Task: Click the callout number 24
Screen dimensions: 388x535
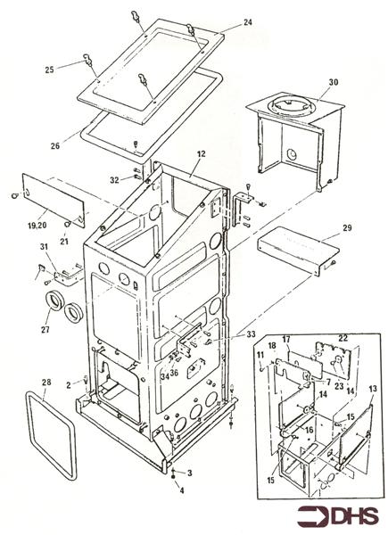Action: coord(248,22)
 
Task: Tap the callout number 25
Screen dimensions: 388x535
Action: coord(49,70)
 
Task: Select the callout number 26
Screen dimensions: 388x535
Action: coord(55,146)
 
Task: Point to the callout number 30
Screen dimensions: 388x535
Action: coord(334,82)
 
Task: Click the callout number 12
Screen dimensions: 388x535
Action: coord(202,154)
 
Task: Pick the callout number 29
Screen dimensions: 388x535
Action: coord(347,227)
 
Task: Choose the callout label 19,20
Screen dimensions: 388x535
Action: coord(38,226)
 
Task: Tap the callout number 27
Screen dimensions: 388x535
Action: coord(45,329)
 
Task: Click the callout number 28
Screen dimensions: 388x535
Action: coord(46,383)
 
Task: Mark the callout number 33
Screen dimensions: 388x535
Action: coord(251,334)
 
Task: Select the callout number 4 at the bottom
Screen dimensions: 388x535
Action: coord(182,490)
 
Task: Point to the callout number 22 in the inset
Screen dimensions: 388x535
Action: coord(343,338)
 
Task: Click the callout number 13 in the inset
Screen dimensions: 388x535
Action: coord(373,389)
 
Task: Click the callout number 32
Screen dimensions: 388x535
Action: coord(114,180)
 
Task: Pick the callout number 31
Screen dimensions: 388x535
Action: coord(45,246)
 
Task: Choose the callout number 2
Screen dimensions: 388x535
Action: coord(69,385)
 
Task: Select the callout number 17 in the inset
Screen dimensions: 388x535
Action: coord(286,340)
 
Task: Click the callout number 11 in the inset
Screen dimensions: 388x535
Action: coord(260,355)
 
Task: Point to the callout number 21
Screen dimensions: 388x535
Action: coord(64,242)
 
